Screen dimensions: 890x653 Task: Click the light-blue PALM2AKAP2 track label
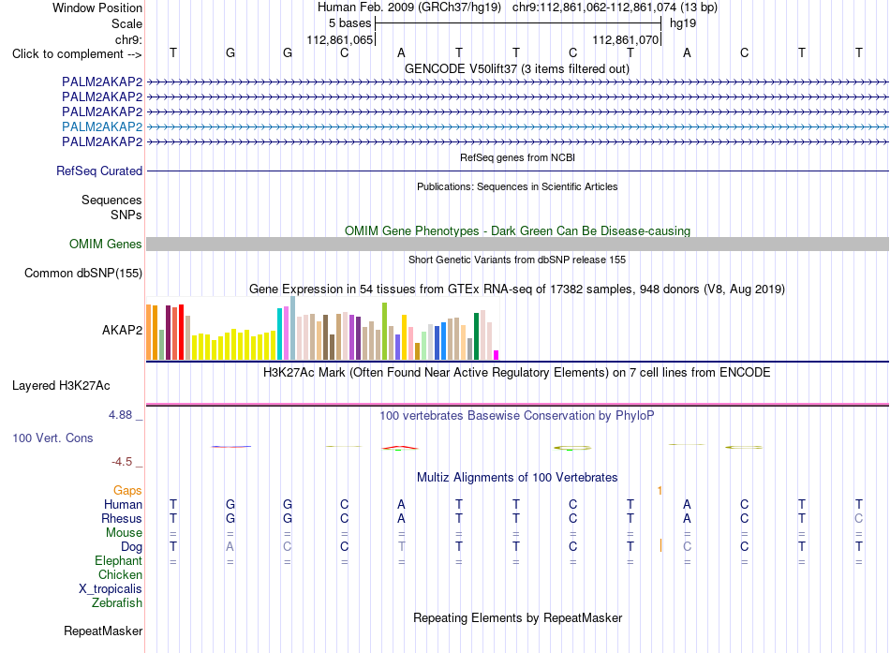point(102,126)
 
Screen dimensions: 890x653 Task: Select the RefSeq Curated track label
point(99,171)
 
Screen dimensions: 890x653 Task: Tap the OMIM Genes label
point(106,245)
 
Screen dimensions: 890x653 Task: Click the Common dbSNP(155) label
point(83,274)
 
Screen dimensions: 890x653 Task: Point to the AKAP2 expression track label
point(122,330)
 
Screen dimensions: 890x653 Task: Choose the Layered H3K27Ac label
point(61,386)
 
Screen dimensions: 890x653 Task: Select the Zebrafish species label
point(117,603)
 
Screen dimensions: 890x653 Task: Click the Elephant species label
point(118,561)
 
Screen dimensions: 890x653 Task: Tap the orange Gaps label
point(127,491)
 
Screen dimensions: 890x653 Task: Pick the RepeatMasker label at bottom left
point(103,631)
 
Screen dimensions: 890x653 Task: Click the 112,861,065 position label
point(340,39)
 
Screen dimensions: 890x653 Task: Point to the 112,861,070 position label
point(626,39)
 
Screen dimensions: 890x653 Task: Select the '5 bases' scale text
point(349,23)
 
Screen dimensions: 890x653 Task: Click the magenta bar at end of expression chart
point(497,355)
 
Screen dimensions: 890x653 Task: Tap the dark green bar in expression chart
point(477,336)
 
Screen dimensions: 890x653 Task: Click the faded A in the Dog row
point(230,546)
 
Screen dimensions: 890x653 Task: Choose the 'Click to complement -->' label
point(77,54)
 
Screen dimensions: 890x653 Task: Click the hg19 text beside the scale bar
point(683,23)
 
